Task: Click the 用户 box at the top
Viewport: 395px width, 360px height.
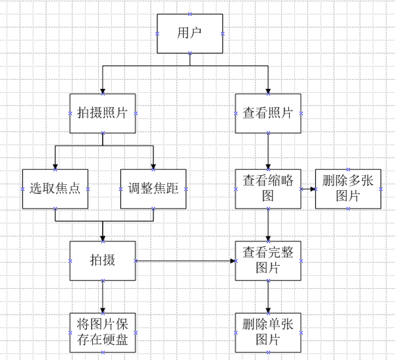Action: pyautogui.click(x=190, y=33)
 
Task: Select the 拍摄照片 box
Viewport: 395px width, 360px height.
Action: pyautogui.click(x=103, y=113)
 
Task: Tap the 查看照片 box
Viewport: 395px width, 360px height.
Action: pyautogui.click(x=268, y=113)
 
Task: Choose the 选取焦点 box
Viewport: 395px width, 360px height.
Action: pyautogui.click(x=55, y=189)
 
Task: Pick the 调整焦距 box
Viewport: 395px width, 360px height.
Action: pyautogui.click(x=153, y=189)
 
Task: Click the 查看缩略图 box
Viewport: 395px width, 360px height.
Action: pyautogui.click(x=268, y=189)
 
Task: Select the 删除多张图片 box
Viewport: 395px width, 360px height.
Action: pyautogui.click(x=348, y=189)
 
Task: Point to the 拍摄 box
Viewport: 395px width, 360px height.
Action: pyautogui.click(x=103, y=261)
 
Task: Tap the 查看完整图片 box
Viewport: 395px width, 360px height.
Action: pyautogui.click(x=268, y=261)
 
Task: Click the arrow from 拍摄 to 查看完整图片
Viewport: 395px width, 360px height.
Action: pyautogui.click(x=185, y=261)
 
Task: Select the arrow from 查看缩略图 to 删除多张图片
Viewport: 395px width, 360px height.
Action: pyautogui.click(x=308, y=189)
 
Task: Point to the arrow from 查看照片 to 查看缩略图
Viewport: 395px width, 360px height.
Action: pyautogui.click(x=268, y=151)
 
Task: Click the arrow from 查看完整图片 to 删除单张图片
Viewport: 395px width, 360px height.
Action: pyautogui.click(x=268, y=297)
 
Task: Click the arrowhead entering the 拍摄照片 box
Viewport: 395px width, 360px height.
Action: pyautogui.click(x=103, y=90)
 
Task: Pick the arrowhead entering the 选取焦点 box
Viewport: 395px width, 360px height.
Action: pyautogui.click(x=55, y=166)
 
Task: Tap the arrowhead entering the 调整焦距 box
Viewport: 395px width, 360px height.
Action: pyautogui.click(x=153, y=166)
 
